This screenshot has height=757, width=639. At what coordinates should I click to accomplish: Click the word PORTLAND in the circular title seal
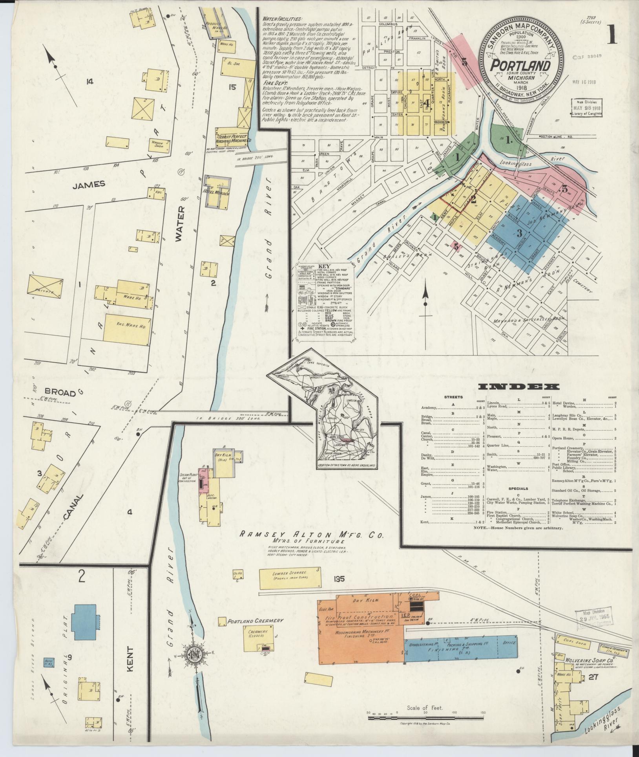click(x=520, y=65)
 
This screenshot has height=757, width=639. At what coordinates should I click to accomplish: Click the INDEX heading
click(x=519, y=387)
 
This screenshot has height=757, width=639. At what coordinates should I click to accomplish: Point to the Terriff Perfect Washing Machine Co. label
click(x=233, y=138)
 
